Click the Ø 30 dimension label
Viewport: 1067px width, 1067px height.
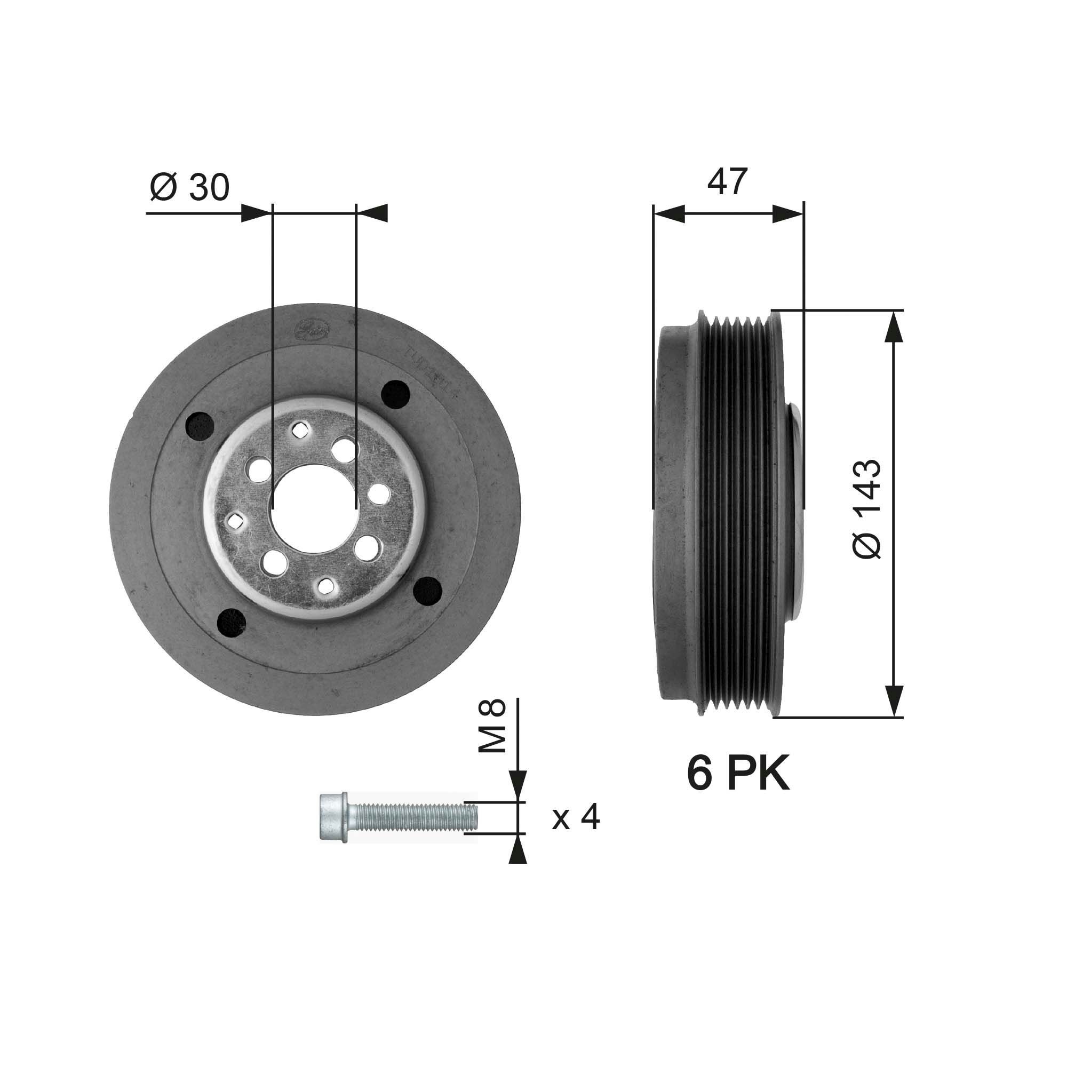click(x=189, y=187)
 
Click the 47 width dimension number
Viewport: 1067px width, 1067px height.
click(x=727, y=182)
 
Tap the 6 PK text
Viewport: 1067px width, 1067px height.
click(x=738, y=774)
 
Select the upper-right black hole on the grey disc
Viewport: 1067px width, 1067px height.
click(x=395, y=394)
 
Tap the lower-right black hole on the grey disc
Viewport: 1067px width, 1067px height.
click(x=428, y=591)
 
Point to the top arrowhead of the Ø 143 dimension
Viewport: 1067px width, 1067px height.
click(x=894, y=325)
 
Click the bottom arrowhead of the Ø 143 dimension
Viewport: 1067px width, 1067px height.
click(x=894, y=702)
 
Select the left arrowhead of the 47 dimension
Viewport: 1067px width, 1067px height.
click(x=669, y=214)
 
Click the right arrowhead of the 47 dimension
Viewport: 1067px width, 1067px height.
click(x=787, y=214)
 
